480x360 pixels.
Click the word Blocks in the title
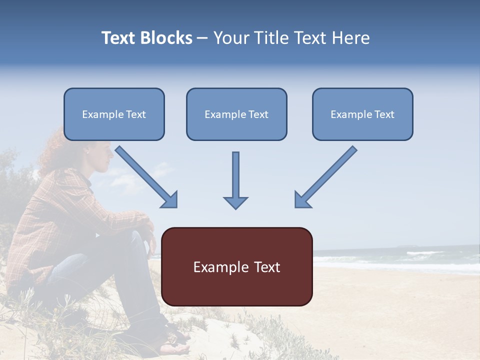tap(167, 38)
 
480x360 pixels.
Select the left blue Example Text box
tap(114, 114)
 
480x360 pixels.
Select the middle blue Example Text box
tap(236, 114)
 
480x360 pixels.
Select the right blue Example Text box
tap(362, 114)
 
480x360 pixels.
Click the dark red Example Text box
tap(236, 266)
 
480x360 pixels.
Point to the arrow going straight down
tap(235, 177)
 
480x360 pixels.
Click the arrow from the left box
tap(145, 175)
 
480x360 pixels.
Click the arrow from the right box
tap(327, 175)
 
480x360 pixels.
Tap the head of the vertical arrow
tap(235, 202)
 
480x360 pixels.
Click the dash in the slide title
tap(202, 38)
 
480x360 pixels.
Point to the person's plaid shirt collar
tap(85, 180)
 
